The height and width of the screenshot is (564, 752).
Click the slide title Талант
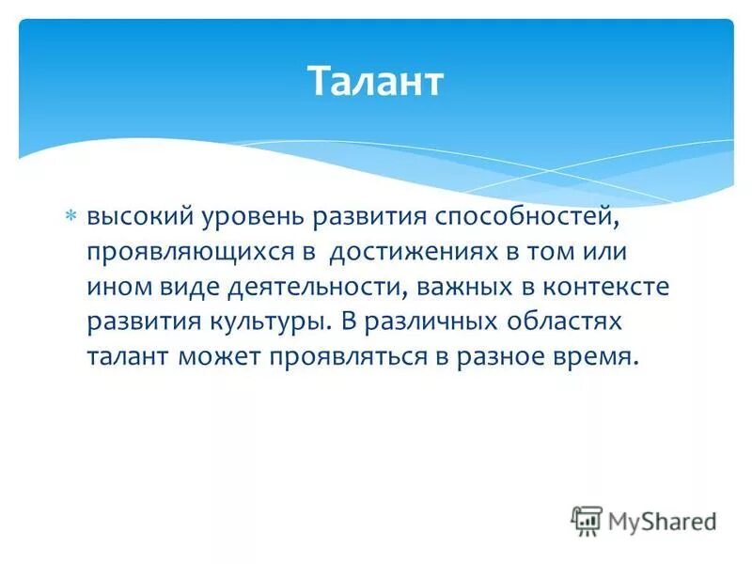375,82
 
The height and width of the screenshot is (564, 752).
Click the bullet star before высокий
71,217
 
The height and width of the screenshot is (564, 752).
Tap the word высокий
139,218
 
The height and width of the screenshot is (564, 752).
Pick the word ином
117,288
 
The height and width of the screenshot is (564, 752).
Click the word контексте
604,288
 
